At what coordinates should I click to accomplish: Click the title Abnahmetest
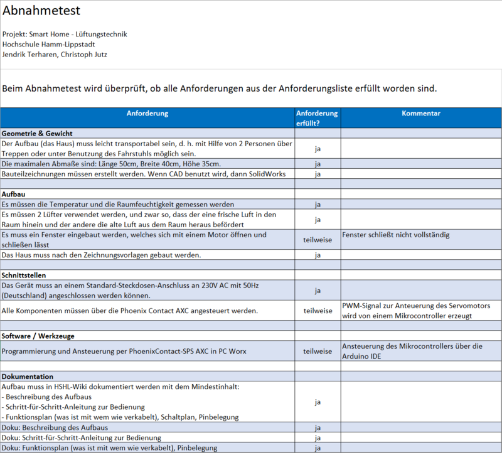click(41, 11)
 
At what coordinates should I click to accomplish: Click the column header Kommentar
click(421, 114)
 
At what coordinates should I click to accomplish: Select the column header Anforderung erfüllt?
click(317, 118)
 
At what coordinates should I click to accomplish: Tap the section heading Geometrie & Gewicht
click(38, 134)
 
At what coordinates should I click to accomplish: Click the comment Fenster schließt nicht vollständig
click(396, 235)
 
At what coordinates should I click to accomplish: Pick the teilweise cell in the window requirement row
click(318, 240)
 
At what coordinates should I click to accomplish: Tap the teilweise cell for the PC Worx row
click(318, 351)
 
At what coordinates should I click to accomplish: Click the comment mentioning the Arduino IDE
click(412, 351)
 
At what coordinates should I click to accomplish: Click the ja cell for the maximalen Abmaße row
click(318, 164)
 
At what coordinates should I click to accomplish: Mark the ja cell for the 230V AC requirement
click(318, 290)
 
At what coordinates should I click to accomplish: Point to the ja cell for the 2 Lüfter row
click(318, 220)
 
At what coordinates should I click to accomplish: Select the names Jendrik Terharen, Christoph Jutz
click(55, 55)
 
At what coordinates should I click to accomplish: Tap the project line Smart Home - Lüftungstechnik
click(65, 34)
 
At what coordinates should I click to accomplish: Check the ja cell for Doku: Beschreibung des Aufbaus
click(318, 427)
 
